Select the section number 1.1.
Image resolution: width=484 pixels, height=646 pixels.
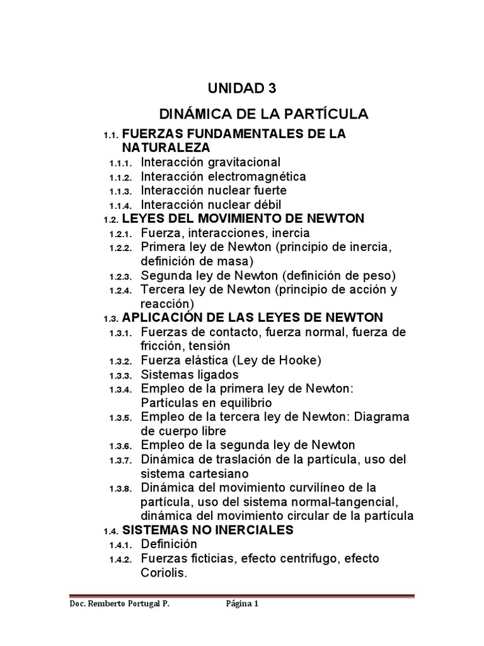tap(111, 136)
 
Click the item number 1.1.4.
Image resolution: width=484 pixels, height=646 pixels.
tap(120, 206)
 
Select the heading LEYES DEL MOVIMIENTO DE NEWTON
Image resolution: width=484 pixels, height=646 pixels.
tap(243, 219)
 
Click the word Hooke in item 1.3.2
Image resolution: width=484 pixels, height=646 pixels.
tap(300, 360)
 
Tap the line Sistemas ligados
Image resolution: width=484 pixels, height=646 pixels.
tap(186, 375)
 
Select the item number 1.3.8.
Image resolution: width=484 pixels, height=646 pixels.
tap(120, 489)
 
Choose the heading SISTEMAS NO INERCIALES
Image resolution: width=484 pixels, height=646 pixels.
tap(207, 530)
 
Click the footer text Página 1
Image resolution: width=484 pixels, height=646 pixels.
tap(243, 604)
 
